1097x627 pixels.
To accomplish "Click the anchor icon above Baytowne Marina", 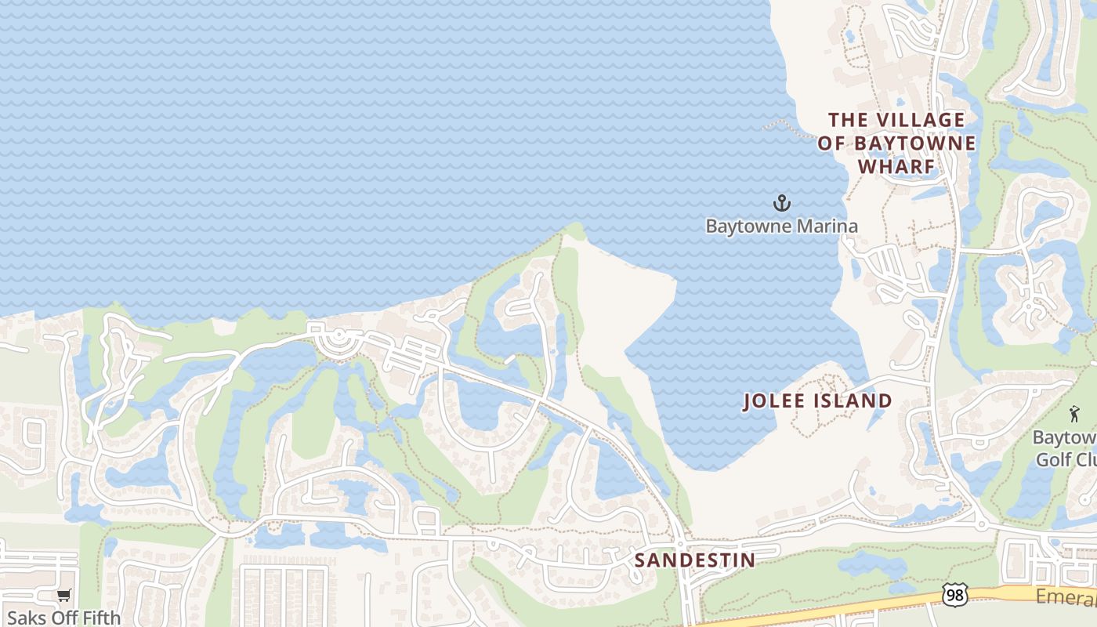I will click(781, 204).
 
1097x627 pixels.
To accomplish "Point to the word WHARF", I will click(897, 167).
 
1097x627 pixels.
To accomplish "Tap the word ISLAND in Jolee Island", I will click(855, 401).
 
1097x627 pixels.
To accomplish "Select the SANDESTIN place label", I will click(694, 560).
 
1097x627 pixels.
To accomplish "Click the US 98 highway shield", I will click(954, 595).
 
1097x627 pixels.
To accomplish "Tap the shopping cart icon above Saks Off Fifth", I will click(63, 596).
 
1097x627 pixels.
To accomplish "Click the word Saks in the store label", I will click(25, 618).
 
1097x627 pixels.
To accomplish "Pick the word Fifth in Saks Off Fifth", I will click(101, 618).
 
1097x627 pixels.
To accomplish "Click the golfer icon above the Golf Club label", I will click(1073, 414).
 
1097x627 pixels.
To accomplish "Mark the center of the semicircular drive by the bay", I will click(339, 339).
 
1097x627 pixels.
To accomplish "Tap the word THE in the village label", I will click(849, 120).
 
